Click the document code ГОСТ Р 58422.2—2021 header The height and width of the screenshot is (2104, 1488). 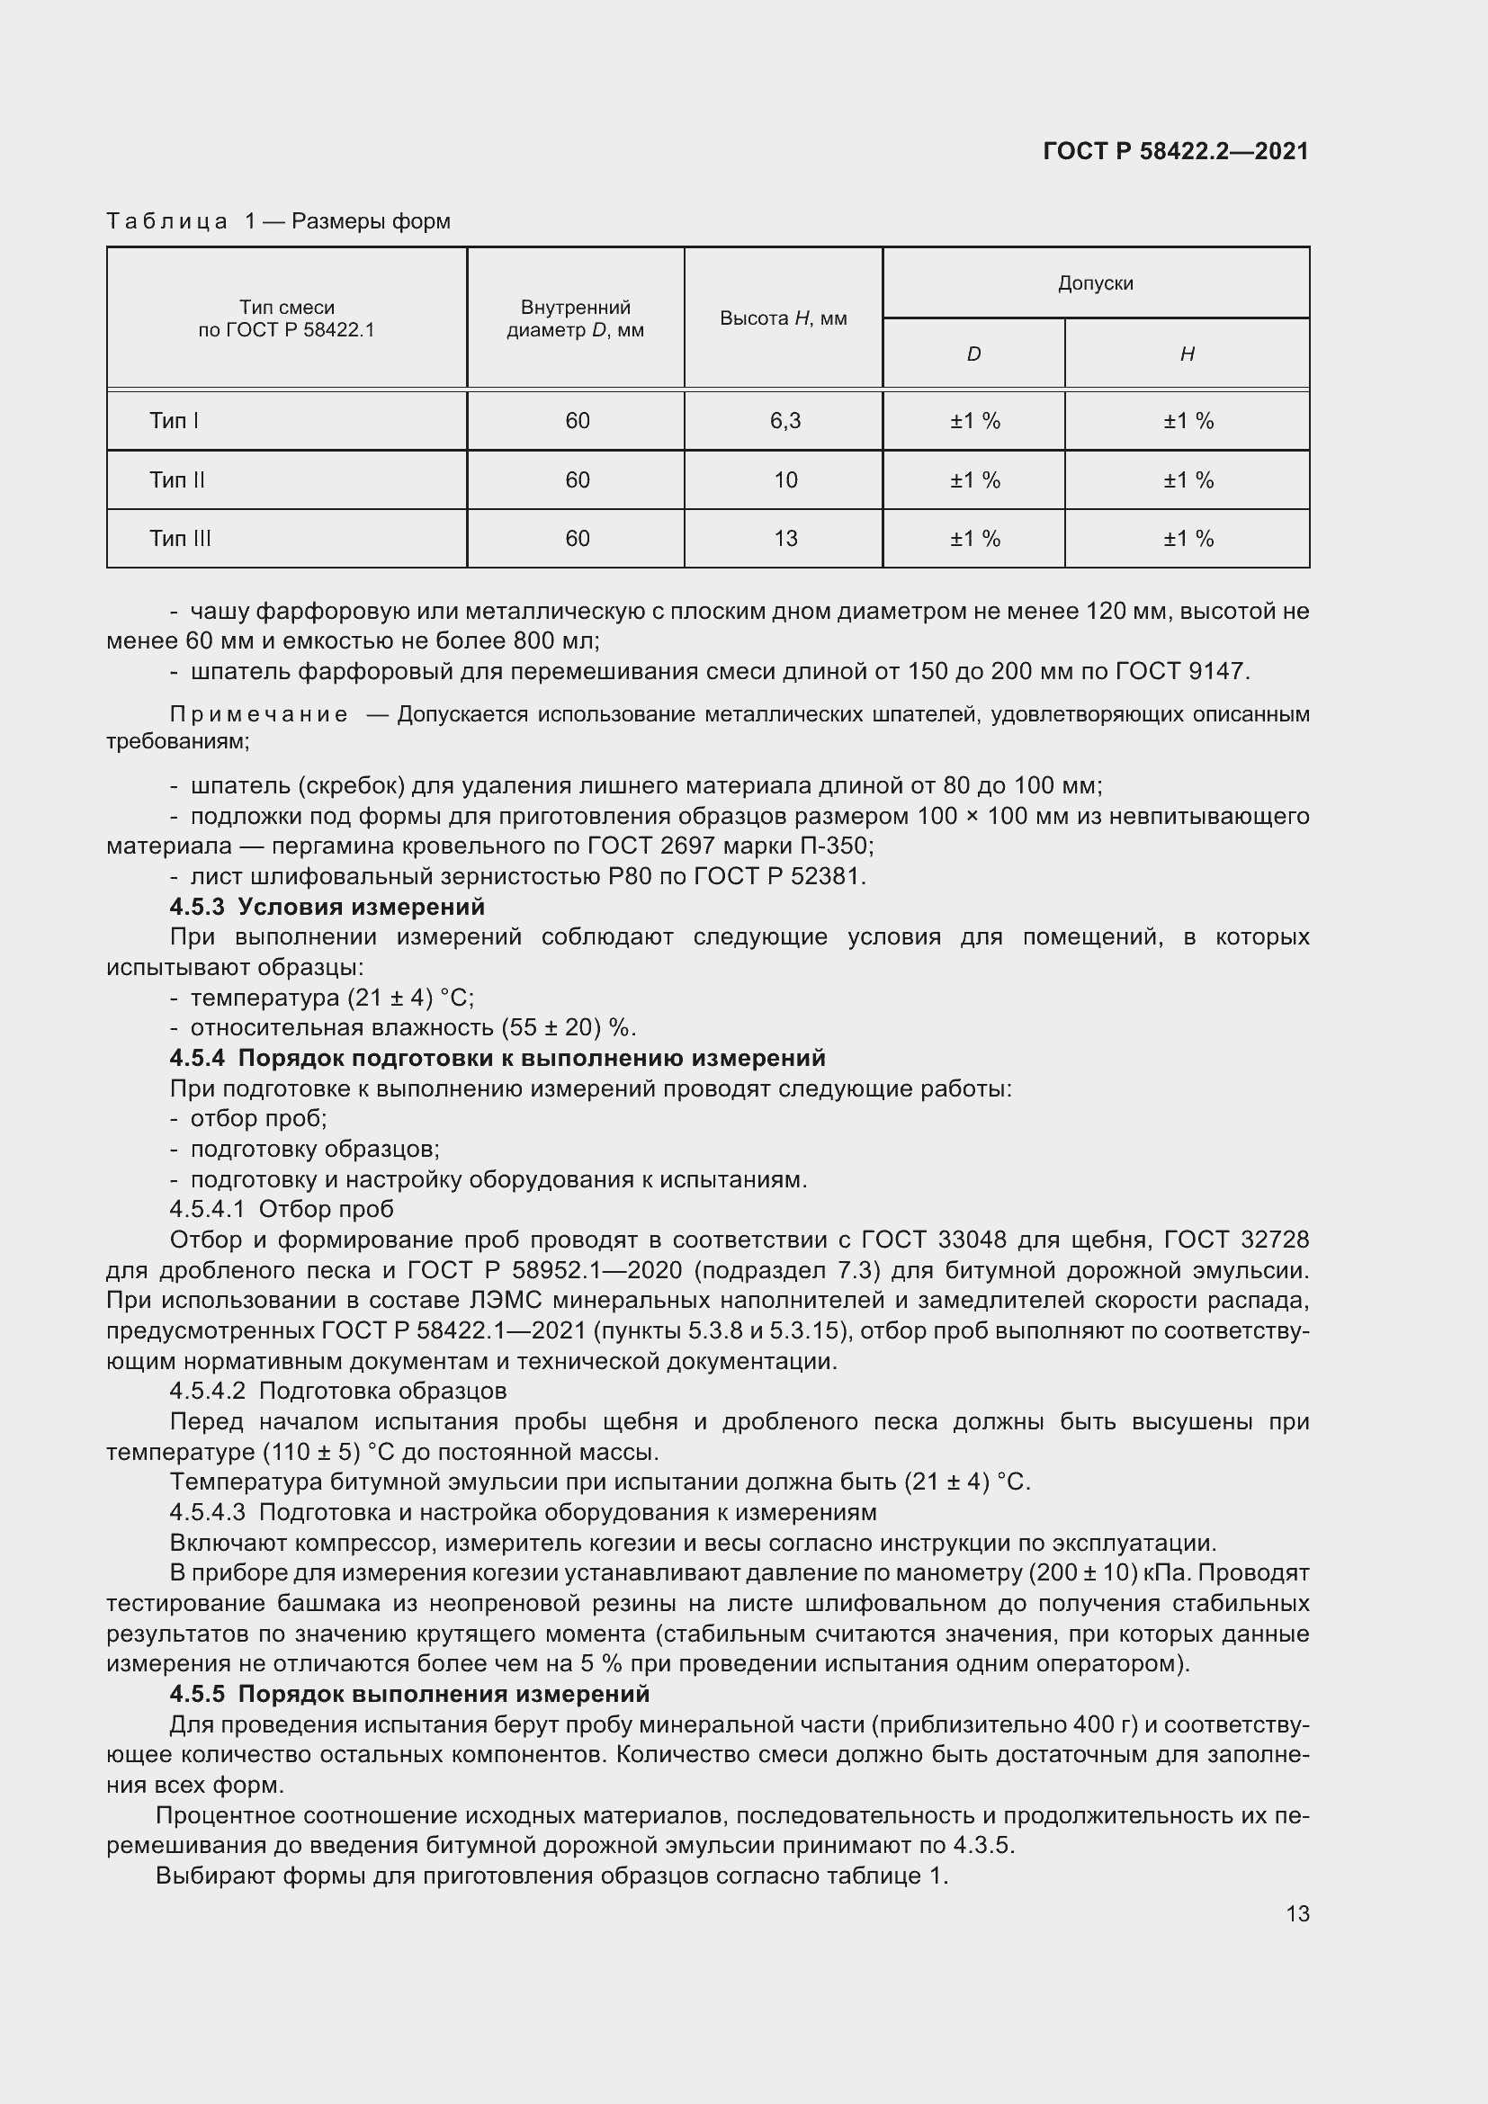1176,151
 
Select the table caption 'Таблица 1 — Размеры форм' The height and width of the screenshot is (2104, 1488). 279,222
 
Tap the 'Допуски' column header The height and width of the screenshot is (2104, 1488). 1095,283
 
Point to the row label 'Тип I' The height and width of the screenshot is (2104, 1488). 175,422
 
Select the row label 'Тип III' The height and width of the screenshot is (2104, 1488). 180,539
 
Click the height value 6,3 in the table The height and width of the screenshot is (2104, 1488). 785,422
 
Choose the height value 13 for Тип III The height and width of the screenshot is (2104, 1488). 785,539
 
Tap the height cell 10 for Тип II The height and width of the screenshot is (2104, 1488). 785,480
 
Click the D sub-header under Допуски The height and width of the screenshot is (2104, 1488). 973,354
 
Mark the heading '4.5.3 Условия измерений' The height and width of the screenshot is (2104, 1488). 327,908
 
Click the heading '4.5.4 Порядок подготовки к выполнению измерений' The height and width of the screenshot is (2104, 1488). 497,1059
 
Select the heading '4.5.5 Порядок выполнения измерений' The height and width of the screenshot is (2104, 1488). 409,1695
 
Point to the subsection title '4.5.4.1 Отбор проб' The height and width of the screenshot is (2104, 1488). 282,1210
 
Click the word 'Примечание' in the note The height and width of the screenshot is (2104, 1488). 259,715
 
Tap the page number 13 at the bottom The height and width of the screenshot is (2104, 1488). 1297,1914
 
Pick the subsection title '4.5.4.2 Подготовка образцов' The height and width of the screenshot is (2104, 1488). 338,1391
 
